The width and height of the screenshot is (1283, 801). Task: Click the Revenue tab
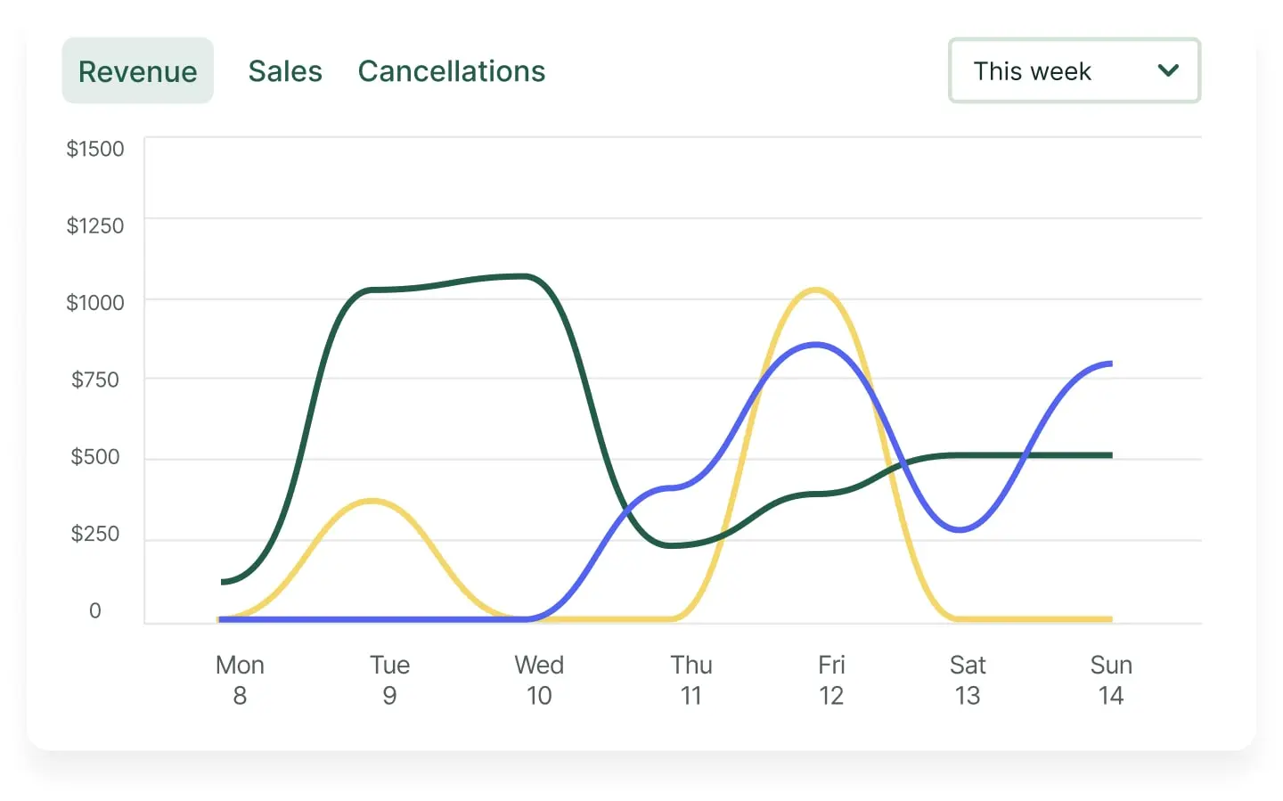[137, 71]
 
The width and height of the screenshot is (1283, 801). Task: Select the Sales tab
[285, 71]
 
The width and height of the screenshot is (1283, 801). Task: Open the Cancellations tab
[452, 71]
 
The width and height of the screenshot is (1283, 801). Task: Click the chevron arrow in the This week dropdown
[1168, 70]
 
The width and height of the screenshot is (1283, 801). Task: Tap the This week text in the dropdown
[1032, 71]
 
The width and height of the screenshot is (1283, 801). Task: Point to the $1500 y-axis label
[95, 149]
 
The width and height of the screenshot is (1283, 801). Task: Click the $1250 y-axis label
[95, 225]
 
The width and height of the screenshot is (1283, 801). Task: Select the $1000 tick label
[95, 303]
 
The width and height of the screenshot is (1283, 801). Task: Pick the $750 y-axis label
[95, 380]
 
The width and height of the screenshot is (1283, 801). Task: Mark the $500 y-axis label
[95, 457]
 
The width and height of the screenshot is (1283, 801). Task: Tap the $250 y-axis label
[95, 534]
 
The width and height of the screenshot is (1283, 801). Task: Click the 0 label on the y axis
[95, 611]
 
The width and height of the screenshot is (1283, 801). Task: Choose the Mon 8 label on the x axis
[240, 680]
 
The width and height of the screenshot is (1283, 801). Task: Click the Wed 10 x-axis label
[539, 680]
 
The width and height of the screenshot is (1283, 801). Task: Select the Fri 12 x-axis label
[831, 680]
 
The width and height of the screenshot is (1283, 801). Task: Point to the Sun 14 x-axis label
[1111, 680]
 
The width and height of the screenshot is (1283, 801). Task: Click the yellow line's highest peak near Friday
[815, 290]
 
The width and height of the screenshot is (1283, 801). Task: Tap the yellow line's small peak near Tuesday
[372, 502]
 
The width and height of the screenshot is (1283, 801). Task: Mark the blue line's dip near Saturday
[960, 530]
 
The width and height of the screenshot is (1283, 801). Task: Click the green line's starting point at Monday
[223, 582]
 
